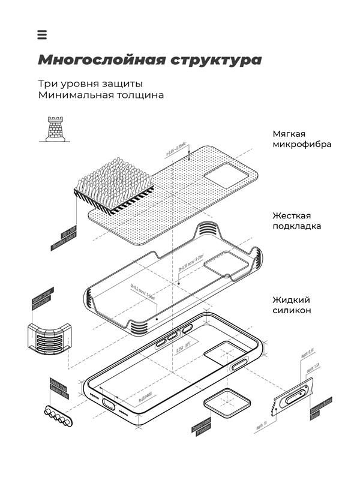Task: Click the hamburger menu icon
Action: [x=41, y=35]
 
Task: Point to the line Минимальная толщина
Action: [x=100, y=95]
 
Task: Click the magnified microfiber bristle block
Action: [x=112, y=180]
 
